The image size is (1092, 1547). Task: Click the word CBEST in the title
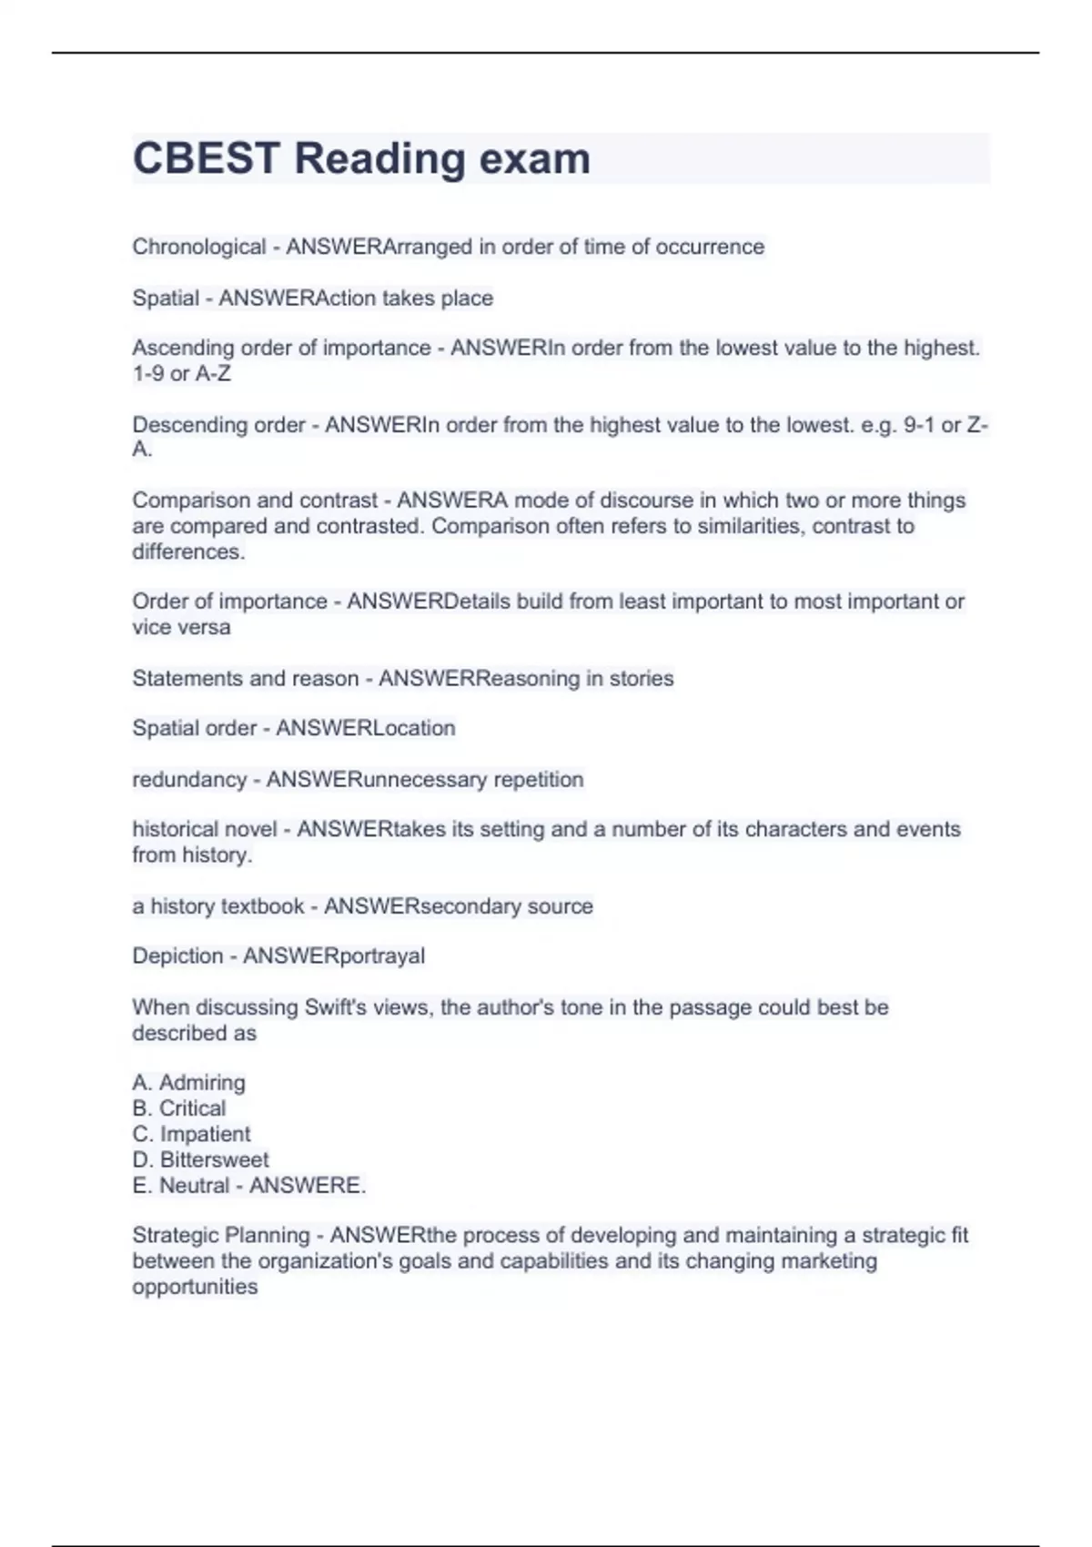coord(206,158)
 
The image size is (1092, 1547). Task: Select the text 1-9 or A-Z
coord(181,373)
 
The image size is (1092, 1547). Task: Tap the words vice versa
coord(181,627)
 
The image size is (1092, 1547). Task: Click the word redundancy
coord(189,779)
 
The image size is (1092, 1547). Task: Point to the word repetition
coord(538,779)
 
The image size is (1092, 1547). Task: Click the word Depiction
coord(177,955)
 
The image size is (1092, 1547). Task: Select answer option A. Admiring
coord(188,1083)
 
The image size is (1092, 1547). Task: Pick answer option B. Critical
coord(179,1108)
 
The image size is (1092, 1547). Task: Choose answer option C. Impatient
coord(191,1134)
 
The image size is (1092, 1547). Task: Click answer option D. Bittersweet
coord(200,1159)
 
